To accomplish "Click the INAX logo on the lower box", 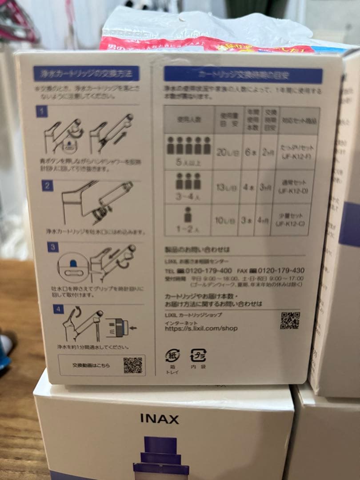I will [x=160, y=419].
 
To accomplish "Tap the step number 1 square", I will [x=42, y=111].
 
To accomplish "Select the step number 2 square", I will [x=48, y=185].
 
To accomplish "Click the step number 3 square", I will [x=53, y=247].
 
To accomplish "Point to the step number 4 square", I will [x=59, y=308].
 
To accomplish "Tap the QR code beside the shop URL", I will [x=289, y=320].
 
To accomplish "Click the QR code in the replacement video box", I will [x=132, y=365].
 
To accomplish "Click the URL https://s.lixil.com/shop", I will [x=201, y=328].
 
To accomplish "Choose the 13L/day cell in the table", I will [x=227, y=187].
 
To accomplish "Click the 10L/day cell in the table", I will [x=226, y=220].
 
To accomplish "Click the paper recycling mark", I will [x=173, y=356].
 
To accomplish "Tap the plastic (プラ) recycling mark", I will [x=198, y=356].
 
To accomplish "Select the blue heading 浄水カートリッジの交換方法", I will [x=86, y=73].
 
